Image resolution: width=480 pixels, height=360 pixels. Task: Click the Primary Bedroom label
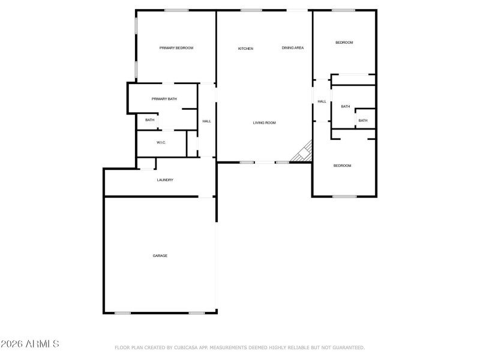click(x=176, y=48)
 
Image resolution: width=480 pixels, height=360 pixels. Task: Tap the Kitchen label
click(x=245, y=49)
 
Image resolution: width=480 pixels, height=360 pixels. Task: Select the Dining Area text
click(x=293, y=48)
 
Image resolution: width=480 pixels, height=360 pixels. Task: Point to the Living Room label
click(x=264, y=123)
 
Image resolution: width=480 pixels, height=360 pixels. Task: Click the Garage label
click(x=160, y=256)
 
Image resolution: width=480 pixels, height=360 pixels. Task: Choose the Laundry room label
click(x=165, y=180)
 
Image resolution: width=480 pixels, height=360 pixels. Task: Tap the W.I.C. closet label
click(x=161, y=142)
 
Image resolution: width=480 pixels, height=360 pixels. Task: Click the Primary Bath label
click(x=164, y=99)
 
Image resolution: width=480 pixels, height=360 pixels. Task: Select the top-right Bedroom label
click(x=344, y=43)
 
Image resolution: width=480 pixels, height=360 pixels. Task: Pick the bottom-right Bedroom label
click(x=342, y=166)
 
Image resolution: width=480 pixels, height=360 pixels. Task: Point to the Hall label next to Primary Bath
click(x=206, y=121)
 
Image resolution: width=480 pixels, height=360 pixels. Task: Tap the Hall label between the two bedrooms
click(x=322, y=101)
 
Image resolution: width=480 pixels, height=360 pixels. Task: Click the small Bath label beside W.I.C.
click(x=149, y=120)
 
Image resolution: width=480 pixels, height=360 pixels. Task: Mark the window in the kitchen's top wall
click(x=251, y=10)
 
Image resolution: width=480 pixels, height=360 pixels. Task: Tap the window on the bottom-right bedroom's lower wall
click(x=344, y=196)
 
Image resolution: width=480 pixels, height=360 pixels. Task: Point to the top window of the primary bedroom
click(x=176, y=10)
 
